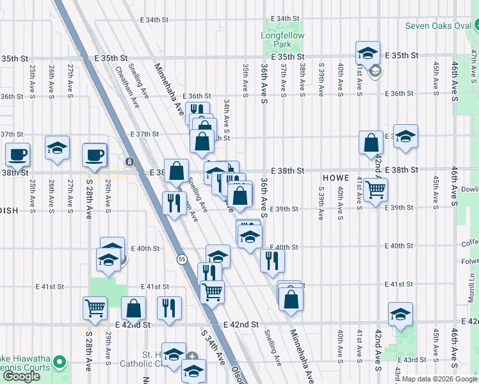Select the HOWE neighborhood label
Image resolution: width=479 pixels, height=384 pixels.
click(335, 177)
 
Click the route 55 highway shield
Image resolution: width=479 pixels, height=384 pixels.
click(181, 258)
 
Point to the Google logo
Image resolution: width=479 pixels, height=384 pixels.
click(21, 376)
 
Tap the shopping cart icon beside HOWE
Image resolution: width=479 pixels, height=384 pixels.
click(375, 189)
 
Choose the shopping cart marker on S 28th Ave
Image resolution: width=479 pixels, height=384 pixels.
click(95, 308)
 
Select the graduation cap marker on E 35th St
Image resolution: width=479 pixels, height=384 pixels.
click(368, 52)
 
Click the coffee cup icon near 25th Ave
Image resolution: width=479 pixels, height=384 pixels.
click(17, 154)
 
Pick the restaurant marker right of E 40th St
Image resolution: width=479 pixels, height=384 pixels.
click(273, 259)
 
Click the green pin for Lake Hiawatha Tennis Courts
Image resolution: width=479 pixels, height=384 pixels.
click(60, 362)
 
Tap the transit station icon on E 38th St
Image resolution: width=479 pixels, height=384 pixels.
click(129, 162)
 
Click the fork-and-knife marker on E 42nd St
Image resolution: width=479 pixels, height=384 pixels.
click(169, 308)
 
